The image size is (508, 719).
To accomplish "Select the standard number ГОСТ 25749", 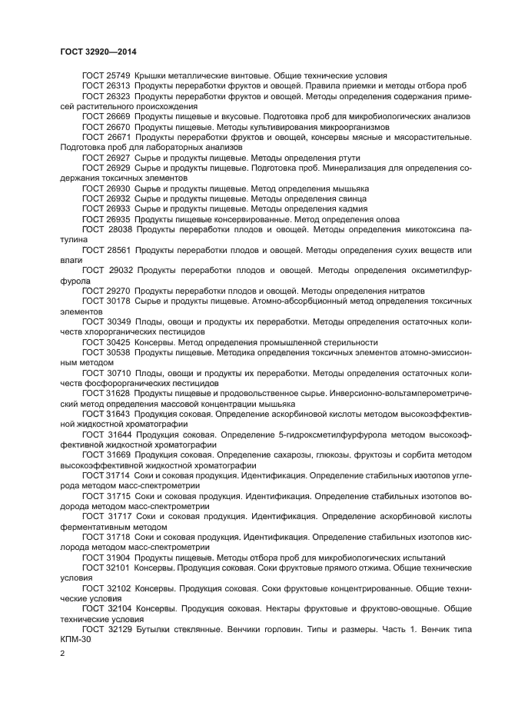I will [x=106, y=77].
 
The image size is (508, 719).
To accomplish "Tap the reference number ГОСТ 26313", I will [x=106, y=87].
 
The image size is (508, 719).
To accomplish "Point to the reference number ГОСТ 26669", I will [x=106, y=117].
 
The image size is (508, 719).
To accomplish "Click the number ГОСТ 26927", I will [x=106, y=158].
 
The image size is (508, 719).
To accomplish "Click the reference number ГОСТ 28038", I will [x=107, y=228].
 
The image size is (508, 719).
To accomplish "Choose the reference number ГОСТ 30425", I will [x=106, y=341].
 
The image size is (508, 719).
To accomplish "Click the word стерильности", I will [x=351, y=341].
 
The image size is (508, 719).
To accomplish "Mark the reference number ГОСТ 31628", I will [x=106, y=392].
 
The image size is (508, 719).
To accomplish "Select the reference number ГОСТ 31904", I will [x=106, y=556].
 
